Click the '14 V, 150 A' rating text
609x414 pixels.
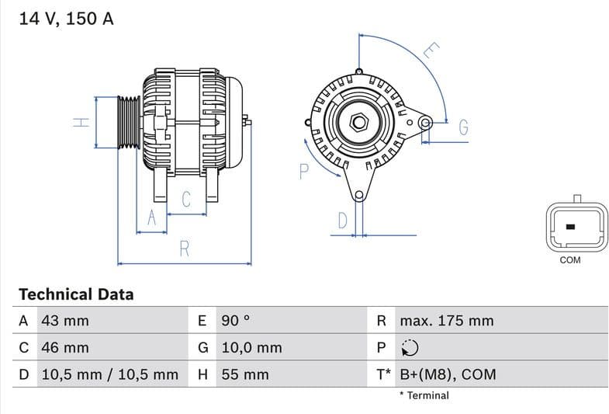click(66, 19)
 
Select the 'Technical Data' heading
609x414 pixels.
click(76, 294)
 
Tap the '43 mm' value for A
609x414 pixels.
click(65, 321)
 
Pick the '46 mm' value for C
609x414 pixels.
click(65, 347)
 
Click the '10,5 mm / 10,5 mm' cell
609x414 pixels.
click(109, 374)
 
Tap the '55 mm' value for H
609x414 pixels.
click(244, 374)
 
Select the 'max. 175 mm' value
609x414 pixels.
click(447, 321)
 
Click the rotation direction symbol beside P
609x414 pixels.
click(410, 348)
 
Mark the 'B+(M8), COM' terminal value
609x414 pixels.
click(448, 374)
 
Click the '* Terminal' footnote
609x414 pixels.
click(424, 395)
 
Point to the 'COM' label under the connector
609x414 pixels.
click(570, 260)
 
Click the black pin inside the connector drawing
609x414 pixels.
click(571, 227)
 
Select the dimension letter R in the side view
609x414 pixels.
click(185, 249)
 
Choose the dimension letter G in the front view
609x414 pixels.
click(463, 127)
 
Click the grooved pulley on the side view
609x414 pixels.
click(129, 122)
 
